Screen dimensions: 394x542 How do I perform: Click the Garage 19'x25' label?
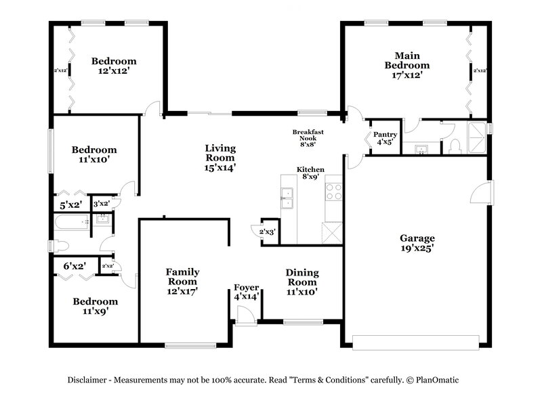[x=417, y=243]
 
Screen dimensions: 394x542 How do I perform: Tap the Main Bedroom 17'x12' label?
[x=407, y=65]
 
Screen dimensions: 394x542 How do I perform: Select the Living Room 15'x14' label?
[x=220, y=157]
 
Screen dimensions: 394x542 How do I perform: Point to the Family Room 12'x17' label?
[x=182, y=281]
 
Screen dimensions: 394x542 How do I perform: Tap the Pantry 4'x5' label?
[x=385, y=138]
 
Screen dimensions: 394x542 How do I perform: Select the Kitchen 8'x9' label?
[x=310, y=173]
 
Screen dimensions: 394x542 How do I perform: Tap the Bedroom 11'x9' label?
[x=95, y=306]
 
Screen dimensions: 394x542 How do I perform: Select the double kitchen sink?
[x=287, y=196]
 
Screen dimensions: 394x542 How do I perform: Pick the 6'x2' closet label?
[x=73, y=266]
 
